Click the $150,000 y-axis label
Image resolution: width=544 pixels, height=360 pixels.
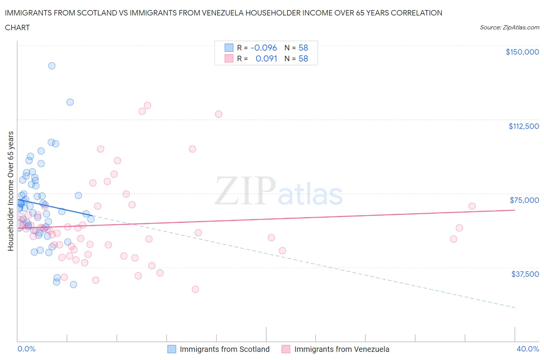pos(522,52)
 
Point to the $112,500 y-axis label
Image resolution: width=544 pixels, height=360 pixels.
pos(523,126)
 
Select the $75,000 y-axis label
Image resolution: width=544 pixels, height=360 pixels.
pos(524,200)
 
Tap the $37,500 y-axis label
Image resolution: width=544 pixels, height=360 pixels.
pos(525,274)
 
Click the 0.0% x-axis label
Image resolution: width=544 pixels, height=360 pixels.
pos(26,349)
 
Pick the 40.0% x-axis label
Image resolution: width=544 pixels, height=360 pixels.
pos(528,349)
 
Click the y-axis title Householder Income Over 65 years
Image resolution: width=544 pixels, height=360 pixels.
pos(11,191)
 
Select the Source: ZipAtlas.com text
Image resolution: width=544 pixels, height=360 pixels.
pos(509,27)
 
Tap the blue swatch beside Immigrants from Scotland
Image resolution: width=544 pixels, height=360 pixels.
pos(171,349)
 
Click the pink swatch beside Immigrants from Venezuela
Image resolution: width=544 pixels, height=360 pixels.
pos(286,349)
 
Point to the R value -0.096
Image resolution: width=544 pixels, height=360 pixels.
pos(263,48)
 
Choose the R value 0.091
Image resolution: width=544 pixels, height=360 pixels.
pos(266,58)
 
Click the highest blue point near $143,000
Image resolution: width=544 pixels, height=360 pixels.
pos(51,66)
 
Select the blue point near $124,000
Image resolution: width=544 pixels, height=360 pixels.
pos(70,102)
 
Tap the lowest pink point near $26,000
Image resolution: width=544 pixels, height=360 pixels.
pos(195,290)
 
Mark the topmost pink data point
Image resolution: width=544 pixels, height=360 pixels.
pos(147,105)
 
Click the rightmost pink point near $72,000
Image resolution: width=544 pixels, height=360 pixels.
pos(472,206)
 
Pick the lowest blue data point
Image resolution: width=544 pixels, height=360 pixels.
pos(73,285)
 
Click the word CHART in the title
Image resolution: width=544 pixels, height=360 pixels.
pos(17,27)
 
